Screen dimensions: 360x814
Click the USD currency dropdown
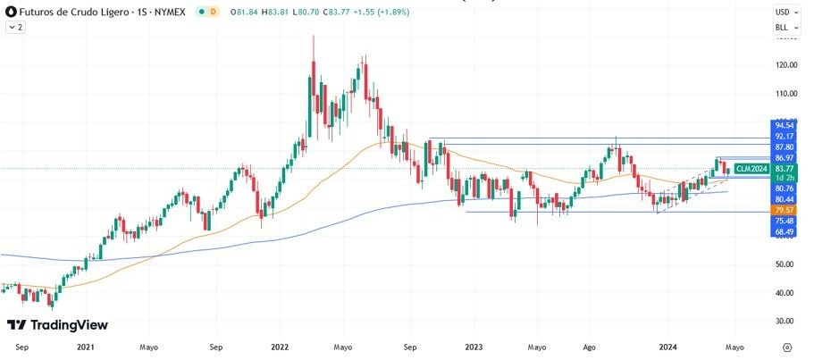[x=785, y=13]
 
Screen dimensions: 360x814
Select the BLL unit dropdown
[x=785, y=28]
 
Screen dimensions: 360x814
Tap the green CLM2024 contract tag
[x=751, y=169]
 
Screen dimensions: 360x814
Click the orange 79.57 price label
[x=785, y=210]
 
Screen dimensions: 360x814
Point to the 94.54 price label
[x=785, y=126]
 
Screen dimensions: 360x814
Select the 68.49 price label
[x=785, y=231]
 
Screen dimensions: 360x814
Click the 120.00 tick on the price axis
[x=786, y=65]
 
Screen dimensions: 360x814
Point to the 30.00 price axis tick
[x=786, y=321]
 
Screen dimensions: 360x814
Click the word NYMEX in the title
[x=167, y=13]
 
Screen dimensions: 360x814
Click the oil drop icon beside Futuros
[x=10, y=13]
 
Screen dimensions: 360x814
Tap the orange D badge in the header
[x=214, y=13]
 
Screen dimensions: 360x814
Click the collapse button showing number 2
[x=16, y=28]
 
